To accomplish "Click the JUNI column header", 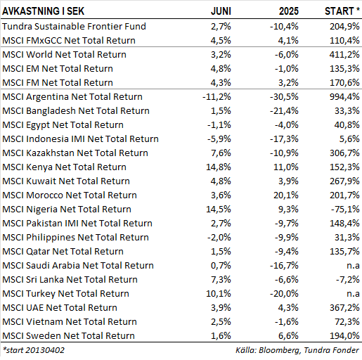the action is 221,11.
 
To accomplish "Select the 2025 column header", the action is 289,11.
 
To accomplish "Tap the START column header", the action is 342,11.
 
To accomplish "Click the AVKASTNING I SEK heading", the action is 43,11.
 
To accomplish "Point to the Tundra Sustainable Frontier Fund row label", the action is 74,26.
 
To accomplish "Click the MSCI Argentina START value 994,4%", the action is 344,96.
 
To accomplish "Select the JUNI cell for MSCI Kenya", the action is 219,167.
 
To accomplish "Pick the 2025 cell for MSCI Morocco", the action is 286,195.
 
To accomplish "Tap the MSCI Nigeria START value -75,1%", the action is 345,209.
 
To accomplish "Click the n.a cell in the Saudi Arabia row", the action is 353,266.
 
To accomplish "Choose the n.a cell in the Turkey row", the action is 353,294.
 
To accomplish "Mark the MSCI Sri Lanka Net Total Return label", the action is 70,279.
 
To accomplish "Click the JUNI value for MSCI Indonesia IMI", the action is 219,139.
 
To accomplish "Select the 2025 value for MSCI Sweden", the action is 288,335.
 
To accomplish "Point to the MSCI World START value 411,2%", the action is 344,54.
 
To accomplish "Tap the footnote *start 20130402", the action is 33,350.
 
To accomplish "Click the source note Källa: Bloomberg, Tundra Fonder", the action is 297,350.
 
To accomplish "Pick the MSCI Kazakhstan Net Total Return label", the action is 75,153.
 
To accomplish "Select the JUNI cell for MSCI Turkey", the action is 219,293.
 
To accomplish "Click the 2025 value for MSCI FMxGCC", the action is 288,40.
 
